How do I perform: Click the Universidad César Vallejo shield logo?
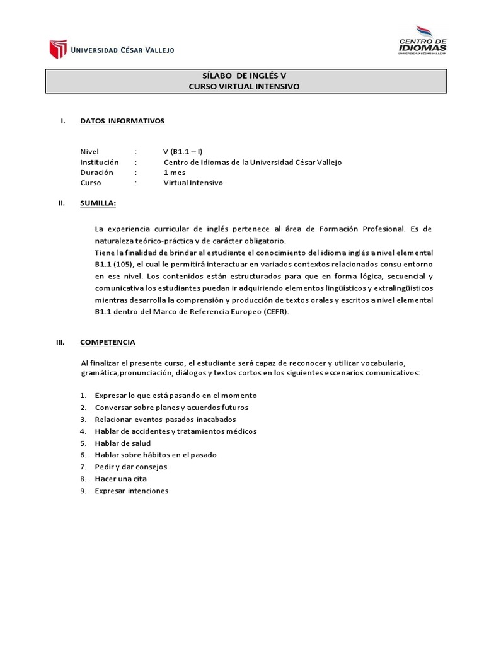click(x=58, y=49)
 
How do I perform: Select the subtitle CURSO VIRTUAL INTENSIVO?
click(x=246, y=87)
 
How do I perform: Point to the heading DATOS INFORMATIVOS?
click(x=122, y=121)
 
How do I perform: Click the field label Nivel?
click(x=90, y=152)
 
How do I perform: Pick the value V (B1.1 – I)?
click(x=183, y=152)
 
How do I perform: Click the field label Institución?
click(x=100, y=162)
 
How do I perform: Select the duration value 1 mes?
click(x=175, y=172)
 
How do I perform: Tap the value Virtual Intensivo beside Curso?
click(x=193, y=183)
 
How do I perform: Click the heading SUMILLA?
click(x=98, y=203)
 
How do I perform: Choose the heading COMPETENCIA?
click(x=108, y=342)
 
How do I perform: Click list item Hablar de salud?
click(x=123, y=443)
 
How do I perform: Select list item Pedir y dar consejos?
click(x=131, y=467)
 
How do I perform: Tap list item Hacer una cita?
click(x=121, y=479)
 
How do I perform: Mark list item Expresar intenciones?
click(x=132, y=491)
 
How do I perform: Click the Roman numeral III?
click(x=61, y=342)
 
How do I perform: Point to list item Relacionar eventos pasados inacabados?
click(x=166, y=419)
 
